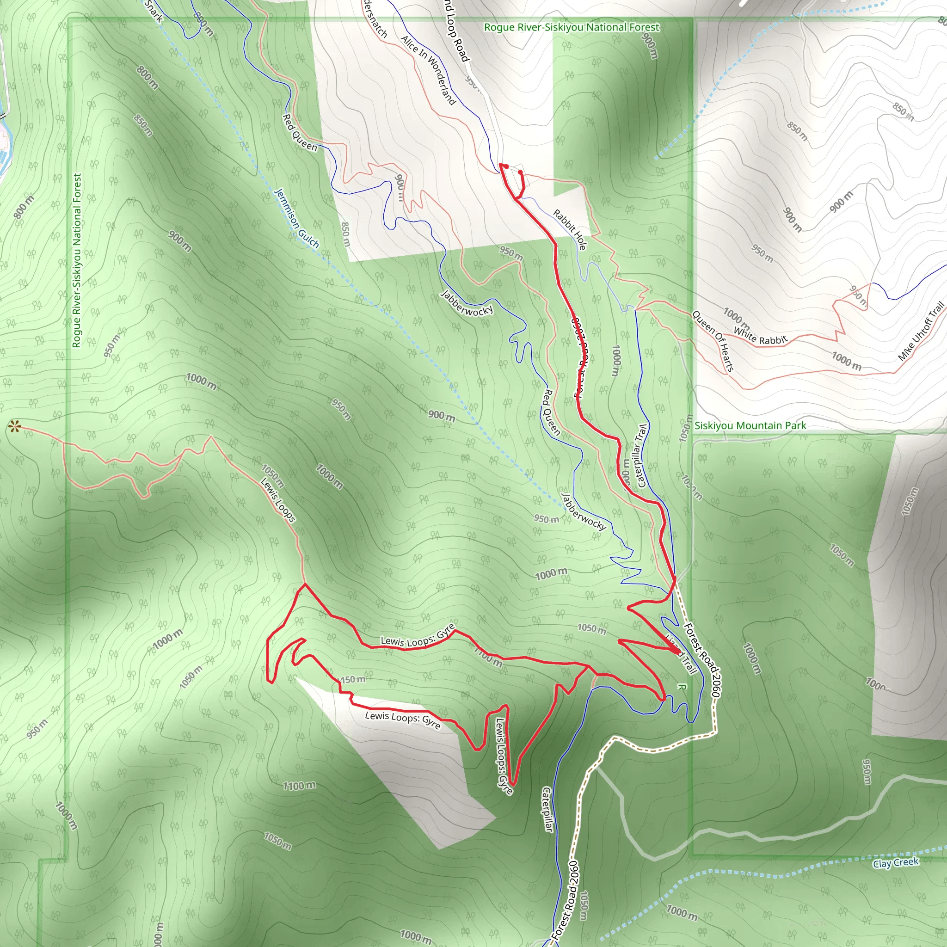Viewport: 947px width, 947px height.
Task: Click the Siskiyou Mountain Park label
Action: coord(750,425)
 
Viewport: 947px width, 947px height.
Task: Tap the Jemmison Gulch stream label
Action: coord(296,219)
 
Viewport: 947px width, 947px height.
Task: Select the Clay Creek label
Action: coord(896,863)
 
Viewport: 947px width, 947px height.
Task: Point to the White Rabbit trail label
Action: coord(760,336)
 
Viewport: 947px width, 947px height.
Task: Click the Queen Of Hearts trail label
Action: coord(713,341)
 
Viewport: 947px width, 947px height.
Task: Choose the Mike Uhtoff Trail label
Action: coord(921,332)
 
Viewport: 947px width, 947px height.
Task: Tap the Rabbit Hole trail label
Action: coord(570,229)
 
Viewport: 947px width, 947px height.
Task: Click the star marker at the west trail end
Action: coord(14,427)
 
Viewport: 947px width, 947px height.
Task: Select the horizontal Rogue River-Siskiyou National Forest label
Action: coord(572,27)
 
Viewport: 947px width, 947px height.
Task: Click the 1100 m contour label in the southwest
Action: coord(299,786)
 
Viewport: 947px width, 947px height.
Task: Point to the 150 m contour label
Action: coord(353,679)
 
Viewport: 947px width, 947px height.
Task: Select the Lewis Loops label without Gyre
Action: coord(277,500)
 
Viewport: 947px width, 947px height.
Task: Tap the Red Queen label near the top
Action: coord(300,132)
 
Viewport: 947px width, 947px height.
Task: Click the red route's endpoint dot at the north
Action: coord(520,172)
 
